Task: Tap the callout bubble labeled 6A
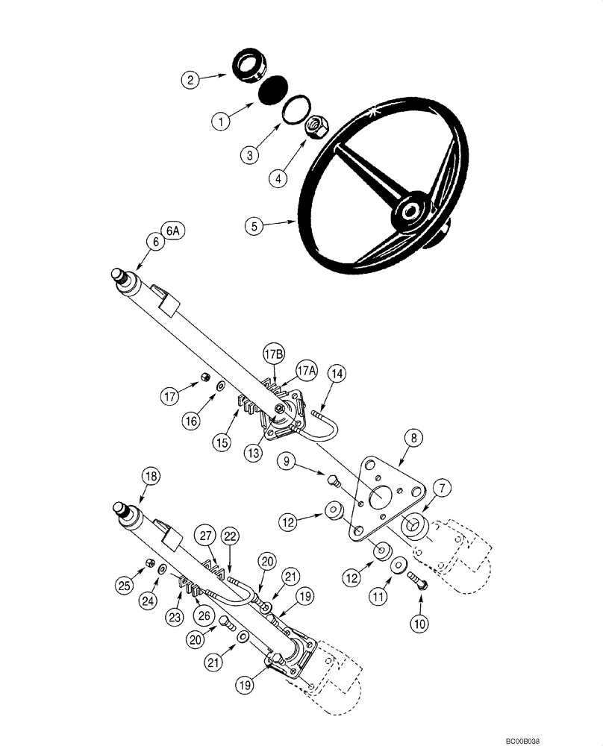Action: (173, 231)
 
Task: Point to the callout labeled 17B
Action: (272, 352)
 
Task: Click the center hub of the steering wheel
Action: (408, 211)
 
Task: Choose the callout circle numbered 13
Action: (255, 452)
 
